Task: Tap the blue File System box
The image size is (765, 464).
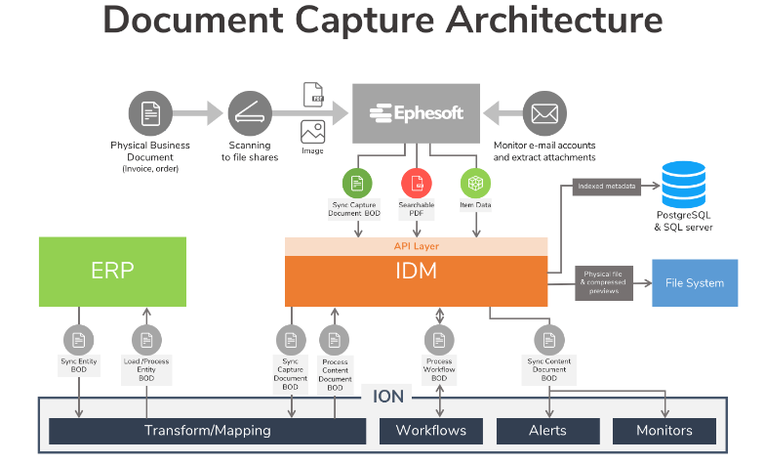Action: point(695,283)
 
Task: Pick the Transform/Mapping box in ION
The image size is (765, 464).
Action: point(207,431)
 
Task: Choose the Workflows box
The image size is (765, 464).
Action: point(430,431)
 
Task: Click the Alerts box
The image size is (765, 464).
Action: point(546,431)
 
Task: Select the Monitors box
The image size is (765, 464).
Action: point(664,431)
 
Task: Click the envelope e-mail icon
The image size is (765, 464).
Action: point(544,112)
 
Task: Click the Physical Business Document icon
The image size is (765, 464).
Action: point(149,112)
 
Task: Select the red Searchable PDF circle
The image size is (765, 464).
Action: point(417,183)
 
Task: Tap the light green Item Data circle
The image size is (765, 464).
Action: point(475,183)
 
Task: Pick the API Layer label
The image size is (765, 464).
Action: point(416,246)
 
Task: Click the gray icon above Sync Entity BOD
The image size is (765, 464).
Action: point(78,340)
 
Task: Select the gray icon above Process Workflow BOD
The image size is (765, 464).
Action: point(440,340)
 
